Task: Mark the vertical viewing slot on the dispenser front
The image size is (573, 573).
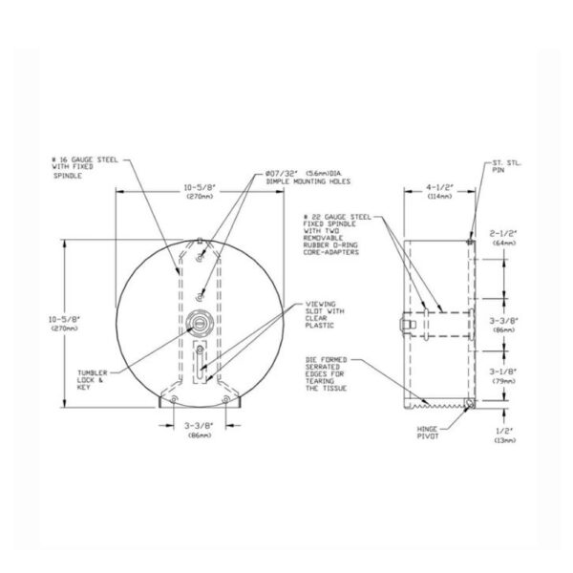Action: coord(198,363)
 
